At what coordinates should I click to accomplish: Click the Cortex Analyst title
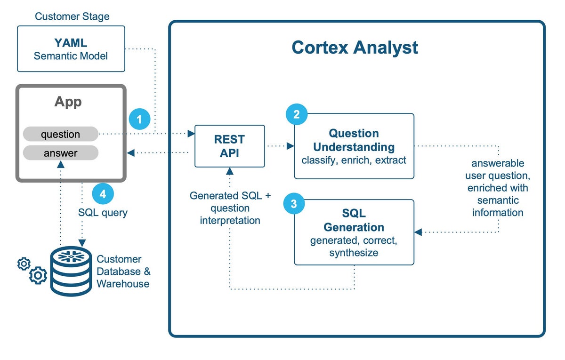click(x=355, y=48)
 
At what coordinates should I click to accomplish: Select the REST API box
click(x=230, y=146)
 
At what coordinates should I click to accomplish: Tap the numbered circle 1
click(x=139, y=119)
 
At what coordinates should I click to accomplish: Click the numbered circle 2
click(x=297, y=114)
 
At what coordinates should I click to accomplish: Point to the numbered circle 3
click(x=294, y=204)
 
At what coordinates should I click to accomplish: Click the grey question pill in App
click(x=60, y=134)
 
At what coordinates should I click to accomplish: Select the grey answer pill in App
click(x=60, y=153)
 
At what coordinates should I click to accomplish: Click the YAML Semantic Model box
click(x=71, y=49)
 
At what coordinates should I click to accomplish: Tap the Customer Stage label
click(x=72, y=16)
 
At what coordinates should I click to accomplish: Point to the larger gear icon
click(x=38, y=275)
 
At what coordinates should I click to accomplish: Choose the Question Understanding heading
click(x=354, y=139)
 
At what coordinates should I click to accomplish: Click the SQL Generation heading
click(x=354, y=221)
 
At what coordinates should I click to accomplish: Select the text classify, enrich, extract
click(x=354, y=160)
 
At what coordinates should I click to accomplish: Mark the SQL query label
click(x=103, y=212)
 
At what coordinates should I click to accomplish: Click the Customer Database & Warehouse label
click(x=123, y=272)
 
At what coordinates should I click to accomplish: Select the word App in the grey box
click(x=68, y=102)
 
